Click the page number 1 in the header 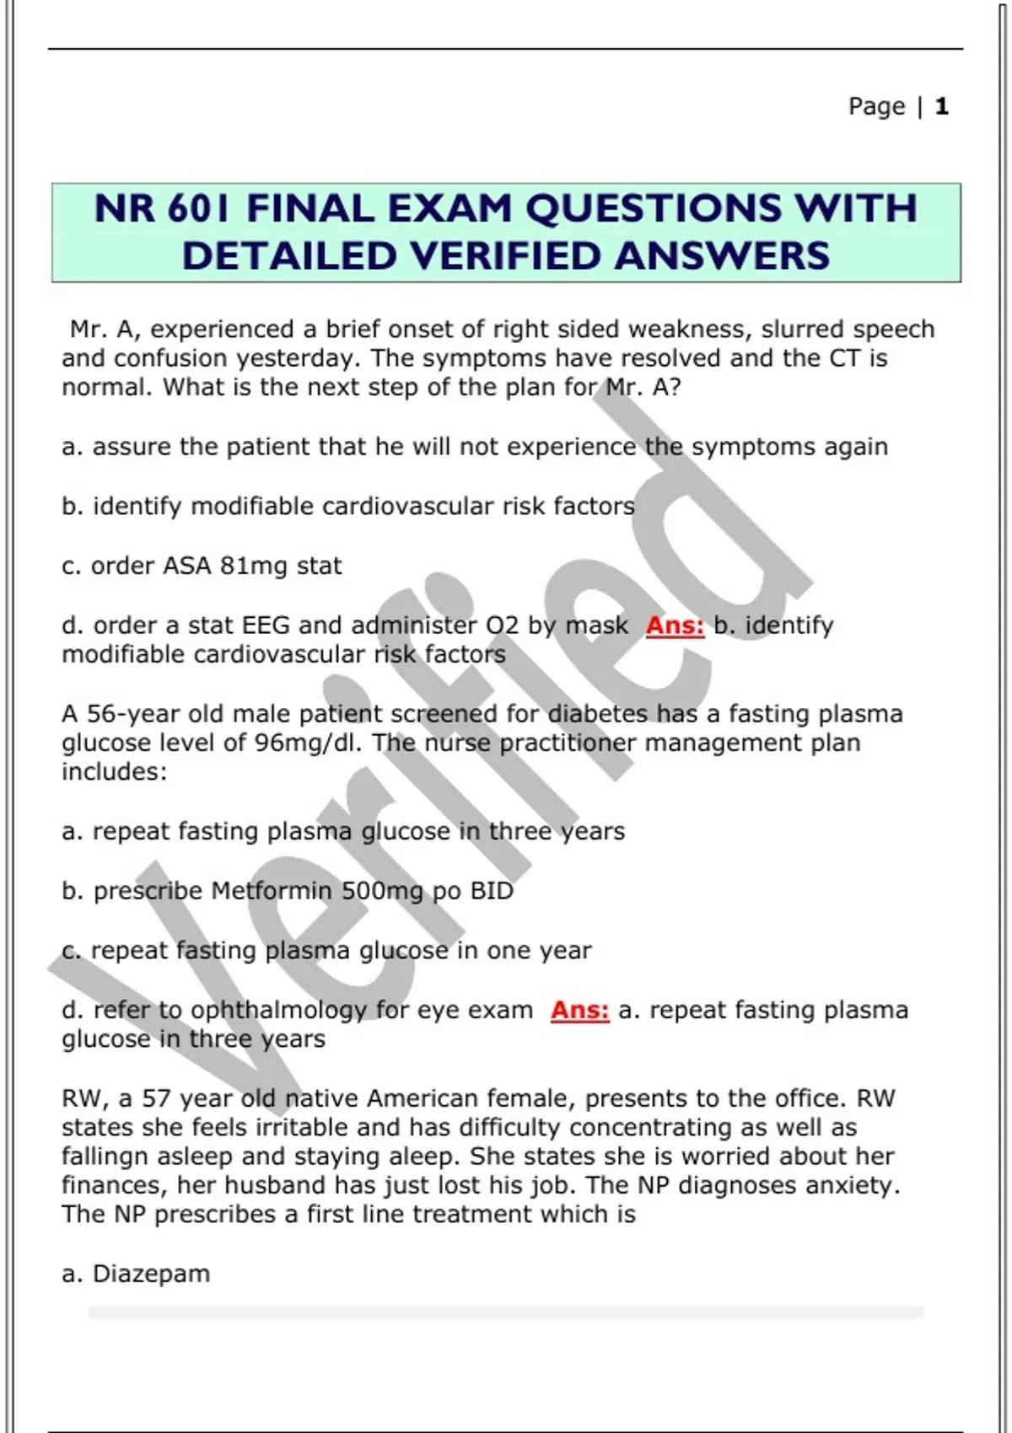click(942, 106)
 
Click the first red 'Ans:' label click(675, 625)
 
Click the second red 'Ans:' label click(579, 1010)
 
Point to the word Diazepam click(151, 1274)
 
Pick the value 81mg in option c click(253, 566)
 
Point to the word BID click(492, 891)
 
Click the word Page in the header click(876, 106)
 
